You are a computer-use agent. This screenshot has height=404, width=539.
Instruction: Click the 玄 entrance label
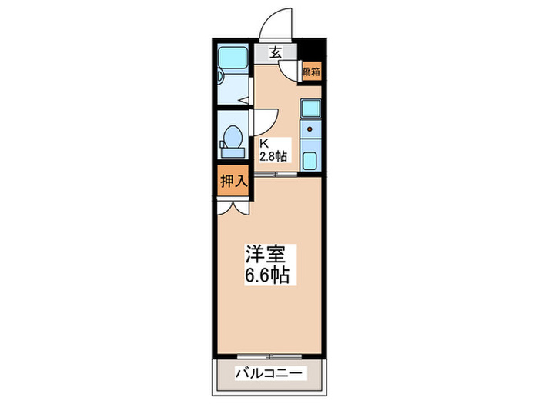275,53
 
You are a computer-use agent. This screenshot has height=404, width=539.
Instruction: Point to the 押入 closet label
232,183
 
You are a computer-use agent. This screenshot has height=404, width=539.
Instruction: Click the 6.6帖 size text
267,275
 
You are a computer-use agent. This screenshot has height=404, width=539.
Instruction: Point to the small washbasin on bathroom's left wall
221,76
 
